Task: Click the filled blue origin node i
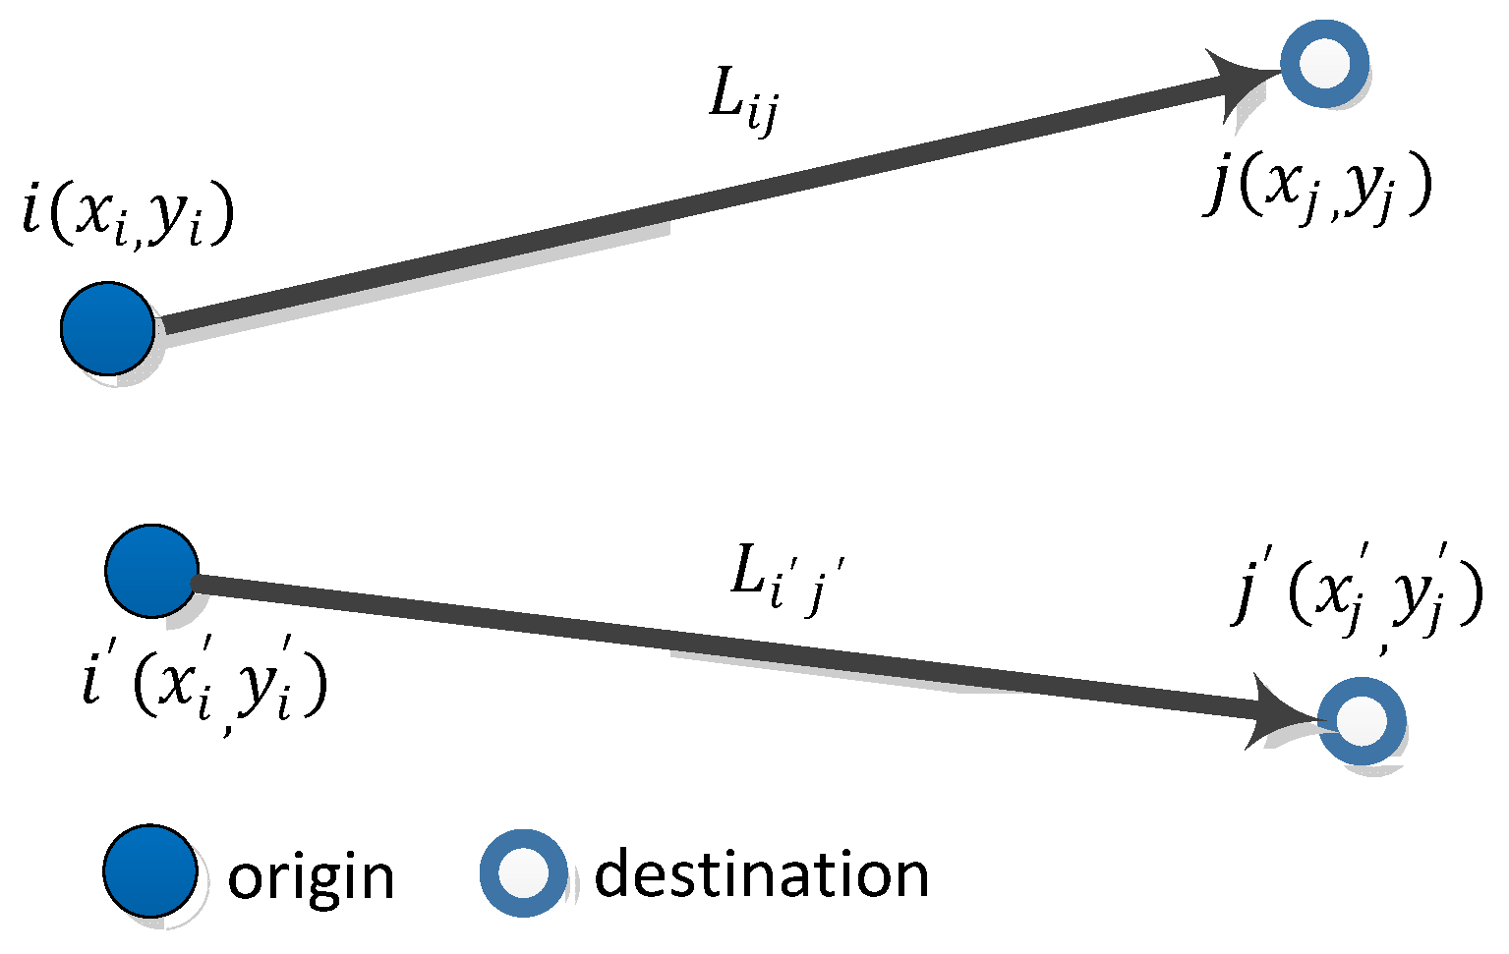[107, 328]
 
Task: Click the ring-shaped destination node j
[1324, 64]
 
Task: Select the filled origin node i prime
[151, 570]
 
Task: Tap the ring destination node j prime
[1362, 721]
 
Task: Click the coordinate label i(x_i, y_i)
[129, 217]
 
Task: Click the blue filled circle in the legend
[149, 871]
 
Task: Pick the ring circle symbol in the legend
[523, 872]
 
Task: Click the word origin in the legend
[311, 876]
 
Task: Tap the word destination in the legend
[762, 873]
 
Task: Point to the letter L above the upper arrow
[725, 96]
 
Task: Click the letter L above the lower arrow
[749, 573]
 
